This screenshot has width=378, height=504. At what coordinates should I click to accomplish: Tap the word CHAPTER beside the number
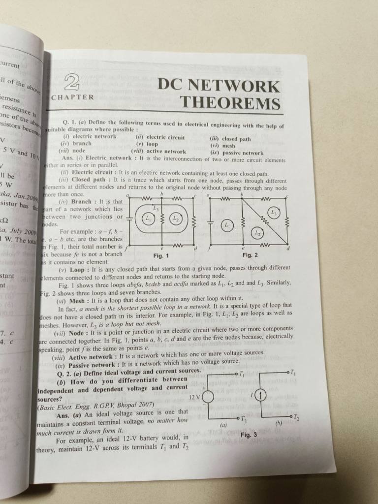pos(72,97)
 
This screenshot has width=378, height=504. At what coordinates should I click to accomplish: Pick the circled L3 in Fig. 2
pos(274,212)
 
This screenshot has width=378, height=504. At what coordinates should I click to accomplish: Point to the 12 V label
pos(195,397)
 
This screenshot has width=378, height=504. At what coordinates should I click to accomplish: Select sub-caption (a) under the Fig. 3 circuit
pos(223,425)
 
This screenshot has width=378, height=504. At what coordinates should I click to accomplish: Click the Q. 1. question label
pos(68,121)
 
